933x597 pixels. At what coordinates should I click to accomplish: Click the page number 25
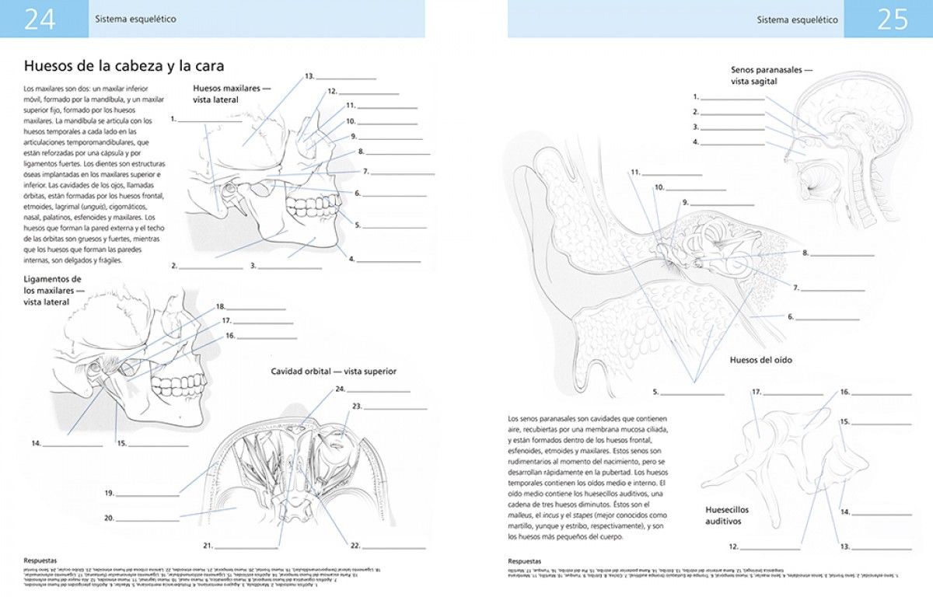(x=892, y=19)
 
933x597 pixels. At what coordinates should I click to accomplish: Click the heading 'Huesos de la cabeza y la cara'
(x=124, y=66)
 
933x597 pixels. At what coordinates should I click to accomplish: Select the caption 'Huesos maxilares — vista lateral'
(x=232, y=94)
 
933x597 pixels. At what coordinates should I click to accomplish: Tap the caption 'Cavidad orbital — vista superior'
(x=334, y=372)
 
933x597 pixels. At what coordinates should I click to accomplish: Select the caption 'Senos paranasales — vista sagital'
(x=771, y=75)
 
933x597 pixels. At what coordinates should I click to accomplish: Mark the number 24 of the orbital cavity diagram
(x=340, y=389)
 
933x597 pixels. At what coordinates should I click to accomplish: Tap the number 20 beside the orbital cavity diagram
(x=110, y=518)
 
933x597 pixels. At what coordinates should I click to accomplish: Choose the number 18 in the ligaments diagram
(x=220, y=307)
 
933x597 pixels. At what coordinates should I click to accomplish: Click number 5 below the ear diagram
(x=656, y=392)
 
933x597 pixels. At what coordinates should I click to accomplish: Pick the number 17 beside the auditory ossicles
(x=755, y=392)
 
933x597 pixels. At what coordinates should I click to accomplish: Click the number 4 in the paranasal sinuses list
(x=696, y=142)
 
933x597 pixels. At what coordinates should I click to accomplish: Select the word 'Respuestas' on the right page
(x=525, y=560)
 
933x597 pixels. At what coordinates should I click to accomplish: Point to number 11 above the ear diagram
(x=635, y=173)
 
